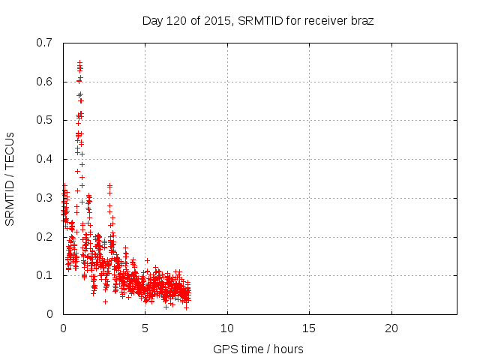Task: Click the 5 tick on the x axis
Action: (145, 328)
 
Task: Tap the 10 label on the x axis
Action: (227, 328)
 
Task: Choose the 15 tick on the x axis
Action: (309, 328)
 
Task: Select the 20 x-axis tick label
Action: (391, 328)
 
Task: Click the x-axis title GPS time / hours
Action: (259, 349)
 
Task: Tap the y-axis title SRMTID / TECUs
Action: (10, 178)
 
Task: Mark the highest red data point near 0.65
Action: (79, 62)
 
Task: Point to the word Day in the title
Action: (152, 20)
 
